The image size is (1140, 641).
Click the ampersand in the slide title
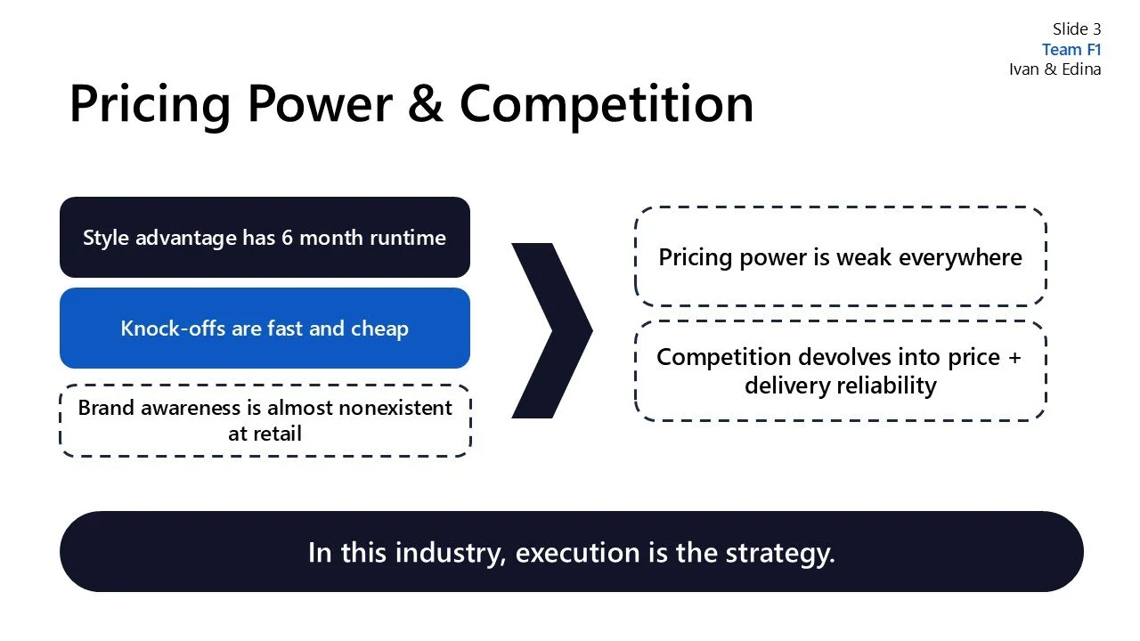pos(426,103)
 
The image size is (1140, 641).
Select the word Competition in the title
pos(607,103)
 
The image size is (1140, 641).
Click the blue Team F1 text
pos(1071,50)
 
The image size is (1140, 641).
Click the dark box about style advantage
pos(265,238)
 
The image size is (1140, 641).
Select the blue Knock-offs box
pos(265,329)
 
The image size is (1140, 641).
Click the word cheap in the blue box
pos(379,329)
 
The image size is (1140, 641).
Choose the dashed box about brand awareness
pos(265,421)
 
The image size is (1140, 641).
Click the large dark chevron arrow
pos(551,330)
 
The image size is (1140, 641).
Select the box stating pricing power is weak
pos(840,257)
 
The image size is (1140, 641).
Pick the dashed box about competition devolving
pos(840,370)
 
